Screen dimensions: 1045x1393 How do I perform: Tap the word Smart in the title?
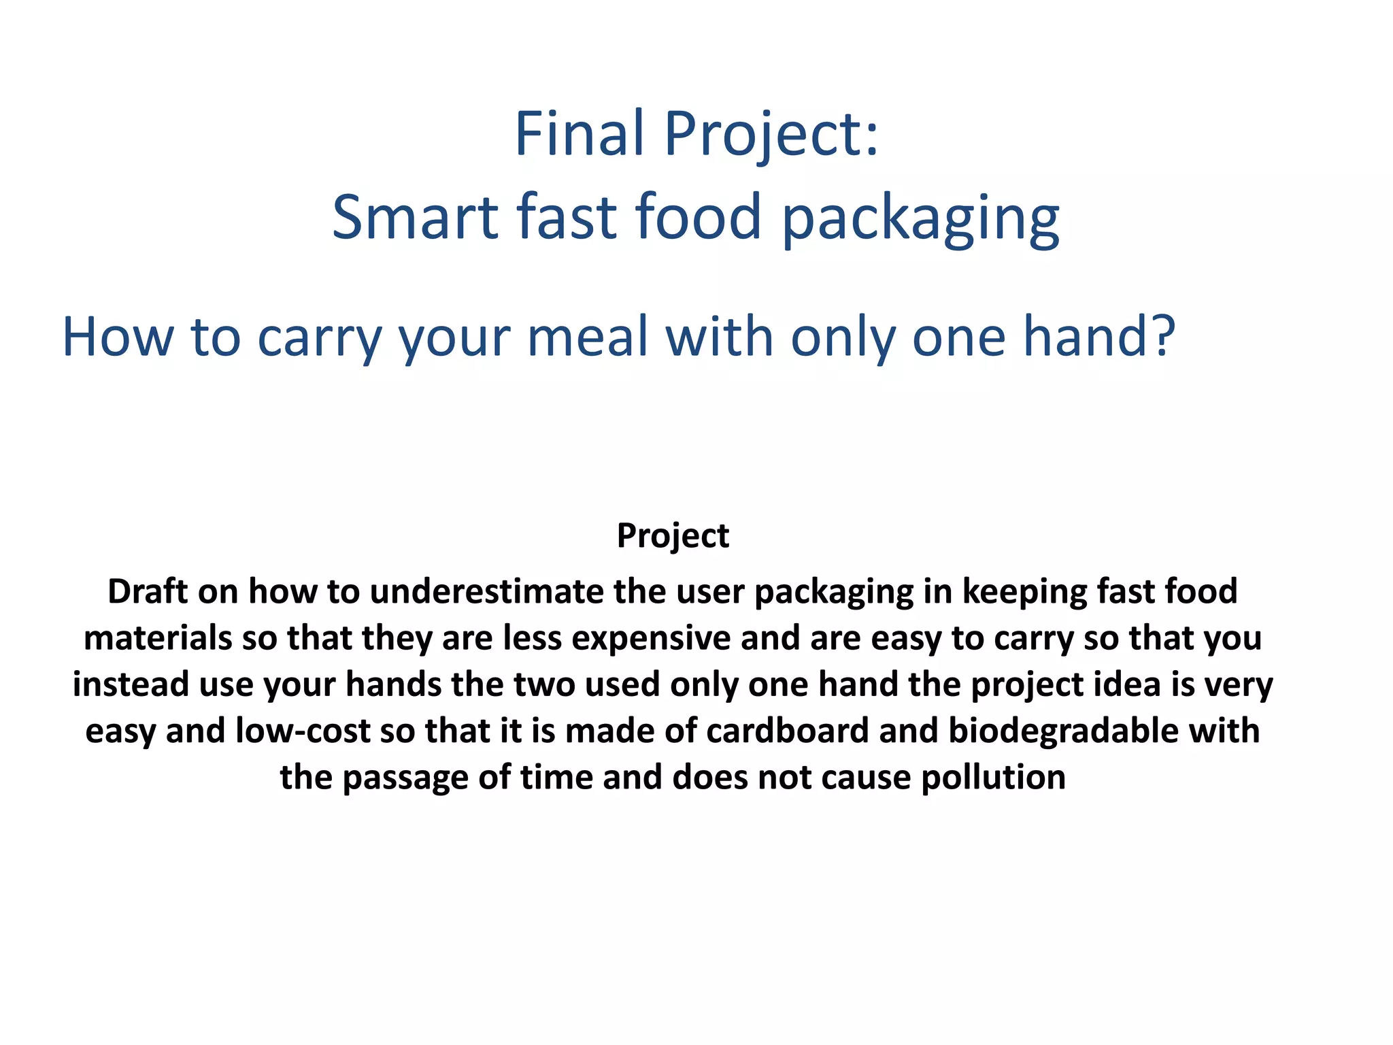click(416, 217)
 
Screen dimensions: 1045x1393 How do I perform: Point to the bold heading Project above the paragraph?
click(673, 535)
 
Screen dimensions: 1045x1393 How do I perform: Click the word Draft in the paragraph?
click(147, 591)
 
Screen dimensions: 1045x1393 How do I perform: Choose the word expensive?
click(651, 638)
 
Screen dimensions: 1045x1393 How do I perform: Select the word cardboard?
click(788, 731)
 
